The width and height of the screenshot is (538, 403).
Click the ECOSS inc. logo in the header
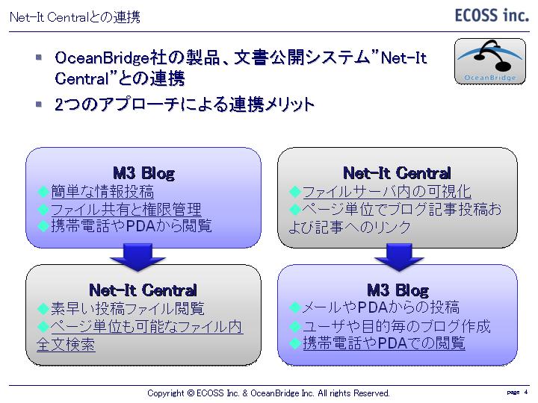coord(491,16)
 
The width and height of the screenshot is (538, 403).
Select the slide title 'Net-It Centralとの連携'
coord(74,16)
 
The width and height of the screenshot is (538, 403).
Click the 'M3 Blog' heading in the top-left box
coord(143,174)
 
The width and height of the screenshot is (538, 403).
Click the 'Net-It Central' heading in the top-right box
coord(397,174)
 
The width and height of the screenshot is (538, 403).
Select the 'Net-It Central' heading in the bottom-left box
coord(143,290)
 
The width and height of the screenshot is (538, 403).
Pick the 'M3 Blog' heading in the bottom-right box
coord(398,290)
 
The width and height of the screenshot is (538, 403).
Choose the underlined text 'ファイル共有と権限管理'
coord(126,210)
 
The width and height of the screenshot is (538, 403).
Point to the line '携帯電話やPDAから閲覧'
coord(131,226)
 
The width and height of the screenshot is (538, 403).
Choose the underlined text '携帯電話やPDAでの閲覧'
coord(383,343)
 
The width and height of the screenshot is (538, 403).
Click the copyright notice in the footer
coord(269,393)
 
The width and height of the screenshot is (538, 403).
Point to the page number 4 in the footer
coord(526,392)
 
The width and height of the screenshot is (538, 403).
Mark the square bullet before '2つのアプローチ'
coord(38,104)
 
